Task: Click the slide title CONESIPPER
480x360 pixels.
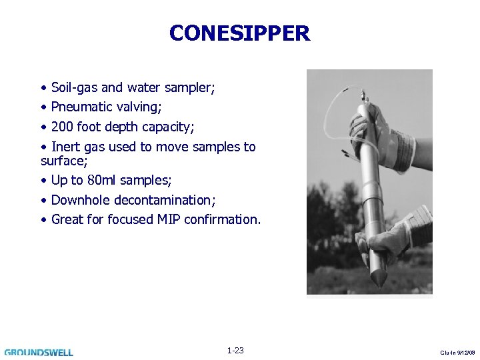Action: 239,33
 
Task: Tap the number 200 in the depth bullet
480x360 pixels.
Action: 62,127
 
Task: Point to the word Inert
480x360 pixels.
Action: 66,147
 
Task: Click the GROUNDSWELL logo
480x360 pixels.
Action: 39,352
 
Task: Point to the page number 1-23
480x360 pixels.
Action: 235,351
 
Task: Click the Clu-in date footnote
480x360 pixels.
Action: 457,352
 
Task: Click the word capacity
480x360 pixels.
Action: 169,127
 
